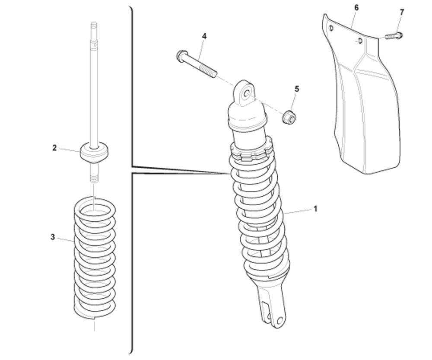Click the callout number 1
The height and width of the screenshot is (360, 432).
click(315, 209)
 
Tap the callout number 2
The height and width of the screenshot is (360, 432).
click(54, 148)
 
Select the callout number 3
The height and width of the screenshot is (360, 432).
click(53, 237)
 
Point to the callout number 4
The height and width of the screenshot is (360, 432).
click(204, 36)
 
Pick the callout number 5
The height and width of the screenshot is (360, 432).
click(297, 89)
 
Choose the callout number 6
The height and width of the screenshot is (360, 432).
click(356, 8)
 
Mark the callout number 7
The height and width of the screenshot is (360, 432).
click(402, 13)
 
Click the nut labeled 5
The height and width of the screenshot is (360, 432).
click(289, 118)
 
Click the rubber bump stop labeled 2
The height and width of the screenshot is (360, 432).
click(94, 153)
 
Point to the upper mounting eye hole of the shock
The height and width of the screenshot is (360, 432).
click(246, 93)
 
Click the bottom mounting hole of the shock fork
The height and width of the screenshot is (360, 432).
click(280, 321)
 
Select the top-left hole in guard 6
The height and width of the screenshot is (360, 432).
click(331, 28)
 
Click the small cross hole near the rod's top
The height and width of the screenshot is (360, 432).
click(95, 44)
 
